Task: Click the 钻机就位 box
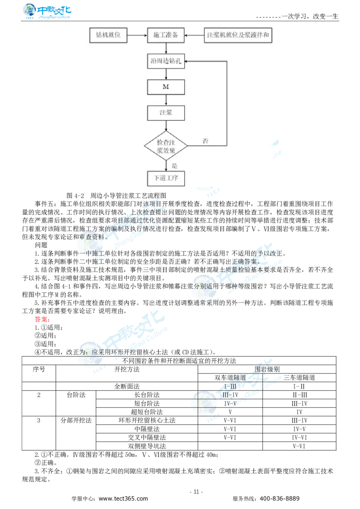coord(108,36)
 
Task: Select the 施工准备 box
coord(166,36)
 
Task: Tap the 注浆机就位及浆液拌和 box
coord(238,36)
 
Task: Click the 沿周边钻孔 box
coord(166,62)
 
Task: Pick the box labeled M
coord(166,87)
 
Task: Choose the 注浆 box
coord(166,113)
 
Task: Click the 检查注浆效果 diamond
coord(166,146)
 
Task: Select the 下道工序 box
coord(166,178)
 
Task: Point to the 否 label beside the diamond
coord(205,141)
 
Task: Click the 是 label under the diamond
coord(175,165)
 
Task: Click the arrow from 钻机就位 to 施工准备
coord(137,36)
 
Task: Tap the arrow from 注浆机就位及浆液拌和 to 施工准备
coord(194,36)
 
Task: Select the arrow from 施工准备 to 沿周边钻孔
coord(166,49)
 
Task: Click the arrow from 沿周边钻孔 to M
coord(166,74)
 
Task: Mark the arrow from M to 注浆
coord(166,100)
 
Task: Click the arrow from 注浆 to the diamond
coord(166,126)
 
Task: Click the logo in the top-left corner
coord(46,11)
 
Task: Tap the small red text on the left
coord(41,320)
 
